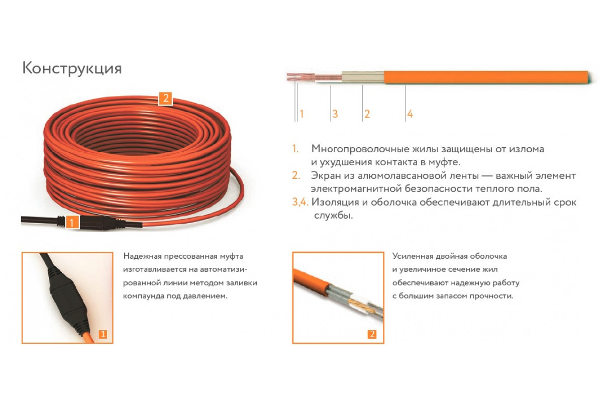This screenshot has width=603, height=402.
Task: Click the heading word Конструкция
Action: [72, 68]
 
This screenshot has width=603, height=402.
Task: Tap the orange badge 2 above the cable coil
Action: [165, 98]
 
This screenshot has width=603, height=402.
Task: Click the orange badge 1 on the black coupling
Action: [71, 223]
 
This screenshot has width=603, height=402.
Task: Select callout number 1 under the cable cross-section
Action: [301, 114]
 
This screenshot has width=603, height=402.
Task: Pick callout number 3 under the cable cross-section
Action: [335, 114]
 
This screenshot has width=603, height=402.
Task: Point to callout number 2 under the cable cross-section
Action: [367, 114]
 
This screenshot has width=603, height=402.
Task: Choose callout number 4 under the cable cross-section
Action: [410, 114]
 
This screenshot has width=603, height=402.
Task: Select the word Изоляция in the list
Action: [335, 202]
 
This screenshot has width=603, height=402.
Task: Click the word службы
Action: [333, 216]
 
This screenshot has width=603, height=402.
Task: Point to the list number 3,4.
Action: [300, 202]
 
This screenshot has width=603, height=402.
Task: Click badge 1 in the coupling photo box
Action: [103, 334]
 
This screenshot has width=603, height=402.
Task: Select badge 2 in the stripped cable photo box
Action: [372, 334]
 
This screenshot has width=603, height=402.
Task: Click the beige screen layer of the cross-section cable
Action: [363, 77]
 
